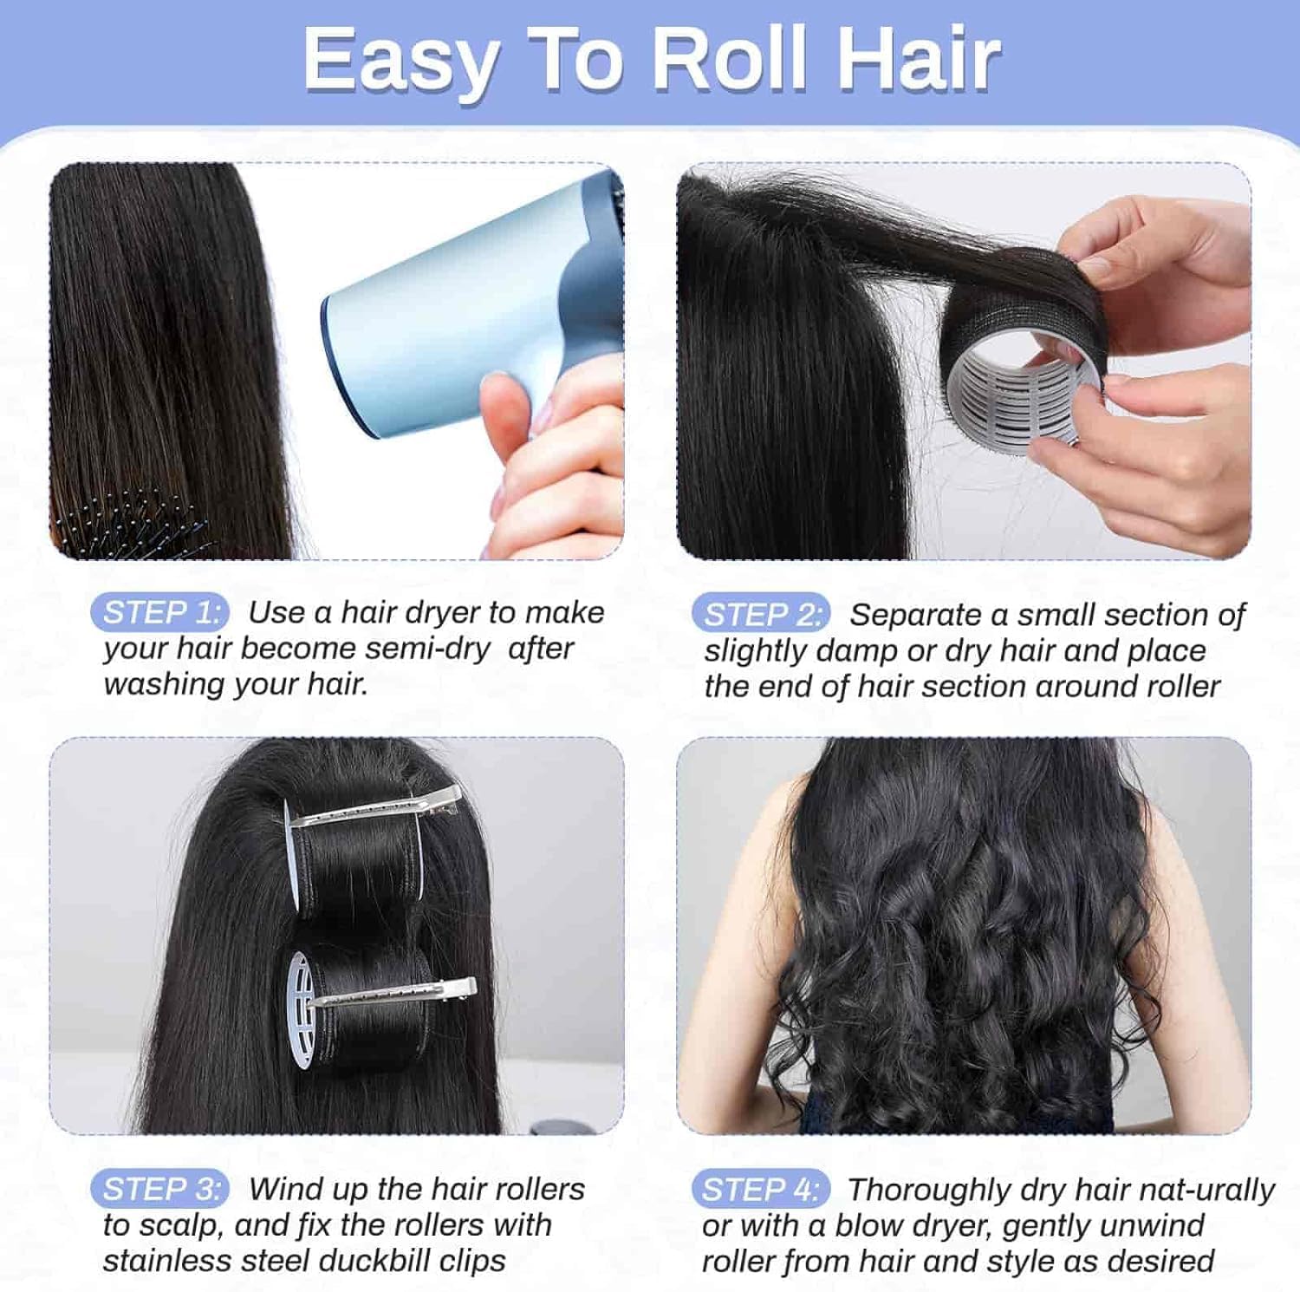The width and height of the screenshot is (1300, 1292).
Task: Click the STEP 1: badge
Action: coord(159,613)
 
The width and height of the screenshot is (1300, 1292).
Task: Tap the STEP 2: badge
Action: coord(761,615)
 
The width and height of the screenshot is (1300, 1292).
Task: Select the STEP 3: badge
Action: coord(159,1189)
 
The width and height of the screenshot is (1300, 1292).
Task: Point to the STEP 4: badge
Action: coord(761,1190)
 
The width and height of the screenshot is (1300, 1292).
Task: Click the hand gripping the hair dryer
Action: coord(555,460)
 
